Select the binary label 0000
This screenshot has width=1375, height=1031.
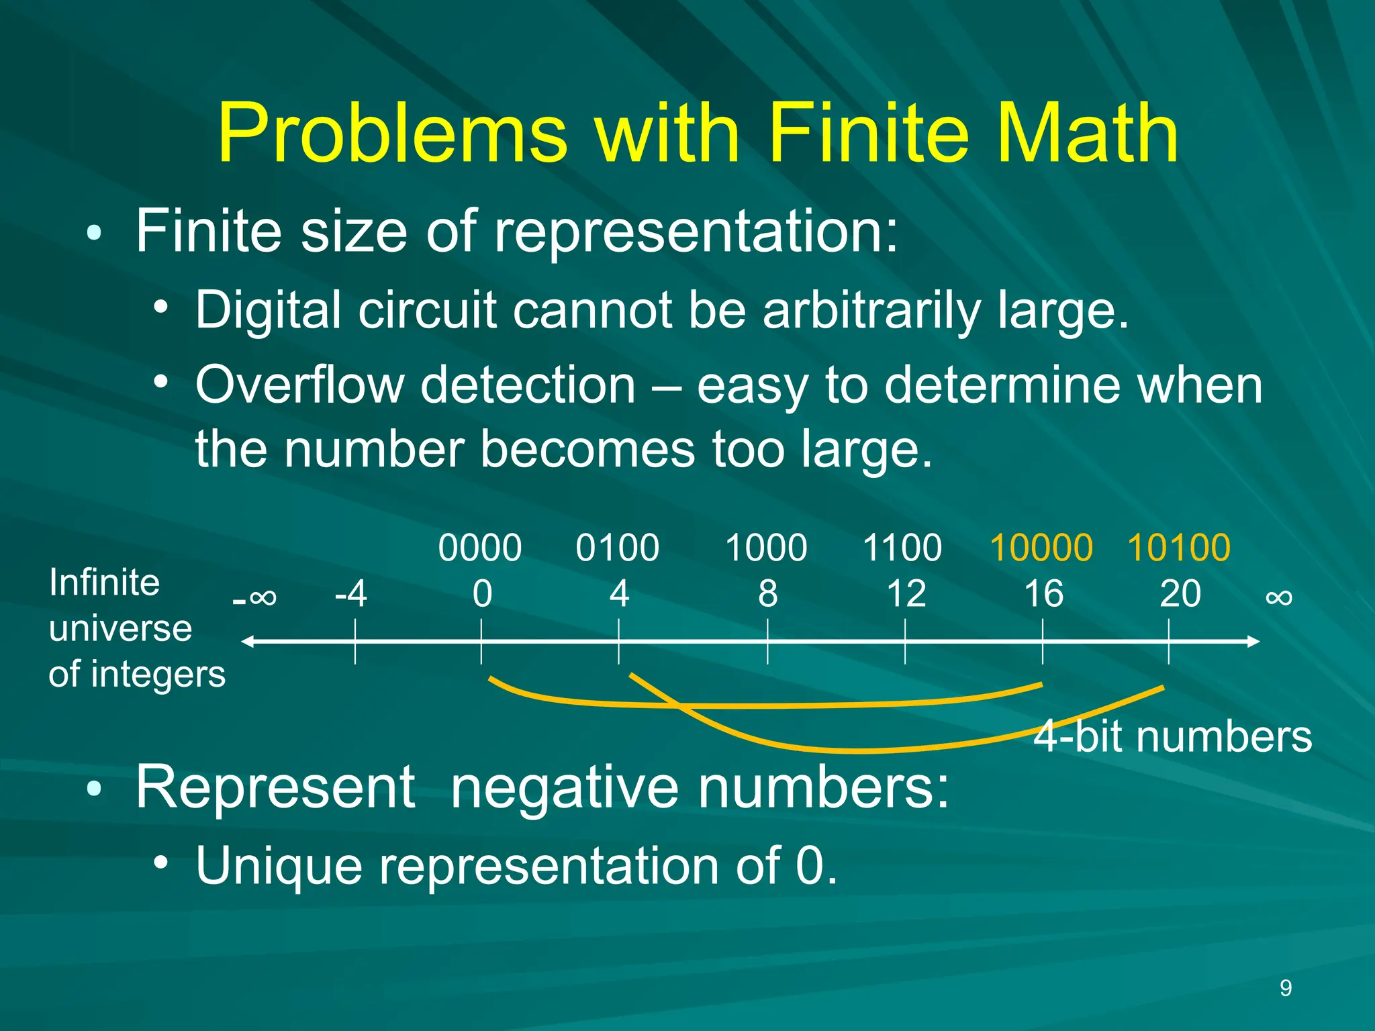480,548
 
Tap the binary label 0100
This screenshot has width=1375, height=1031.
617,548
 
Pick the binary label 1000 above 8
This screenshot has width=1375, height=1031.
766,548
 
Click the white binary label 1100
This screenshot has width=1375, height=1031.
902,548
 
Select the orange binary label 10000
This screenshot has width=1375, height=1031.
1041,548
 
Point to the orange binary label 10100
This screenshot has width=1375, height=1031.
1179,548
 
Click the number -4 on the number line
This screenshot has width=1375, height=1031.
351,594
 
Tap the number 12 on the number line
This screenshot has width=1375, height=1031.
906,594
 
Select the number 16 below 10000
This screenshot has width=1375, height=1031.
1043,594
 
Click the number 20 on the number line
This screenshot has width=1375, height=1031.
1180,594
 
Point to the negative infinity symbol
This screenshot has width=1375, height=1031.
255,597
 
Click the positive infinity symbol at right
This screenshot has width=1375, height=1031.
1278,597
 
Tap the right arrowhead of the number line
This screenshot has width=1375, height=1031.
1253,642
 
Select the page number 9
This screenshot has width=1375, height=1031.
1286,988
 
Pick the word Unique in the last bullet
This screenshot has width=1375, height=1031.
279,866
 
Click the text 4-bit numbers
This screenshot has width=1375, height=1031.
1172,737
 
